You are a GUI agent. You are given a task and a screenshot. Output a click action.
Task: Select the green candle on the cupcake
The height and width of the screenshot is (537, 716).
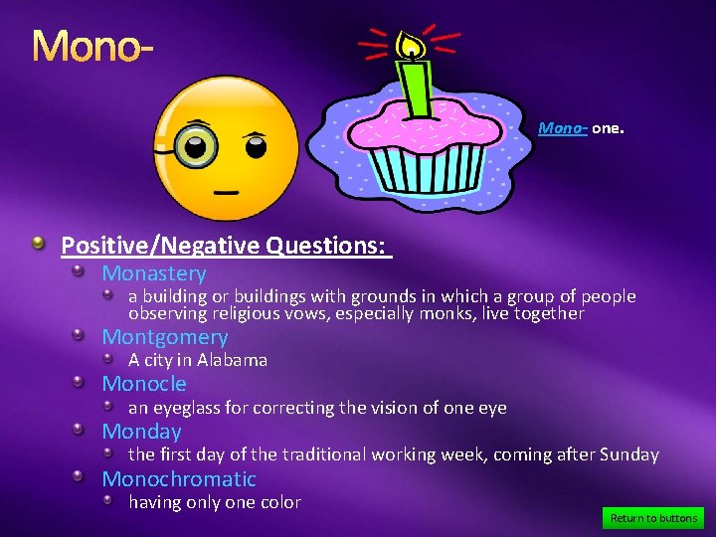[417, 89]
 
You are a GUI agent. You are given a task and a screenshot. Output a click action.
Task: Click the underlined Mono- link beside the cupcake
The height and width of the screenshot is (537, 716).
[563, 128]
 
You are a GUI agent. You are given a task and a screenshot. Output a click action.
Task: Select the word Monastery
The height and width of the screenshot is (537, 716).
[154, 273]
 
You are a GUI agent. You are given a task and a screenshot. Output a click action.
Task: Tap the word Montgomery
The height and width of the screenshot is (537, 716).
[165, 337]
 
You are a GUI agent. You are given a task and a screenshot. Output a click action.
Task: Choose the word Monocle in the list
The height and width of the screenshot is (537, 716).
[144, 384]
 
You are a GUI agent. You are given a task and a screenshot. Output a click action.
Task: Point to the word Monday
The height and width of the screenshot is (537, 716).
[141, 432]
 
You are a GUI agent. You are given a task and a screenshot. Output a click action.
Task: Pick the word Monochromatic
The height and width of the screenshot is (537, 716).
[179, 479]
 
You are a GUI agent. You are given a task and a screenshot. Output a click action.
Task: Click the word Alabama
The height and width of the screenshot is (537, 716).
[232, 360]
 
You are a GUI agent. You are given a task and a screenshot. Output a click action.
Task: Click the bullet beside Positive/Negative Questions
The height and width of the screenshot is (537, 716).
[37, 244]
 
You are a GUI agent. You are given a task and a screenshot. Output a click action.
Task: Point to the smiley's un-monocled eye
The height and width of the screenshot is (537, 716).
[256, 147]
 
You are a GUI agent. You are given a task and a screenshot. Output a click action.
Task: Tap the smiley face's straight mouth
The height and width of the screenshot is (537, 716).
[228, 189]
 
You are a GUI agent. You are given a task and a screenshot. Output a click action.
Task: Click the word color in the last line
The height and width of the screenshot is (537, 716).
[278, 502]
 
